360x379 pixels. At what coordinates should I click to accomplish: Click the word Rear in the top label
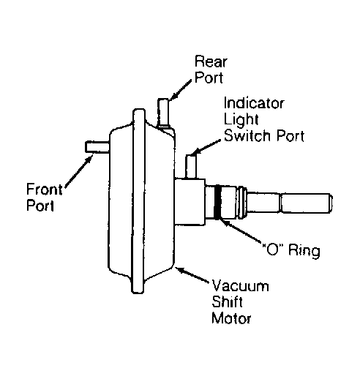pyautogui.click(x=211, y=61)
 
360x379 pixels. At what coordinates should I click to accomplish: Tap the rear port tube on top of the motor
pyautogui.click(x=163, y=113)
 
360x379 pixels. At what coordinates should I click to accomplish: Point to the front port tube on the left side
pyautogui.click(x=97, y=147)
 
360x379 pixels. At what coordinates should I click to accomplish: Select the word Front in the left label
pyautogui.click(x=44, y=189)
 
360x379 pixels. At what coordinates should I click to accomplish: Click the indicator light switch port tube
pyautogui.click(x=191, y=167)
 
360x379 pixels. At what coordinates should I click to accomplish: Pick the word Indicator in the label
pyautogui.click(x=254, y=103)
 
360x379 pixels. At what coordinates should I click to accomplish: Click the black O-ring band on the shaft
pyautogui.click(x=217, y=202)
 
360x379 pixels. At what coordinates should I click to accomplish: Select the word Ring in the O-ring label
pyautogui.click(x=304, y=250)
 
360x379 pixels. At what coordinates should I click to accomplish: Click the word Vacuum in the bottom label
pyautogui.click(x=240, y=286)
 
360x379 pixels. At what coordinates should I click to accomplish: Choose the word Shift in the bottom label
pyautogui.click(x=227, y=302)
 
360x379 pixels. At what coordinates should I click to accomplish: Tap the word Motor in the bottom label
pyautogui.click(x=231, y=318)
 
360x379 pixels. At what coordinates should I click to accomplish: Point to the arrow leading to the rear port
pyautogui.click(x=181, y=90)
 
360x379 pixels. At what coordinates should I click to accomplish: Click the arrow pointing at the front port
pyautogui.click(x=78, y=171)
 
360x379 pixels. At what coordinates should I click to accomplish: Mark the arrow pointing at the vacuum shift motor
pyautogui.click(x=192, y=275)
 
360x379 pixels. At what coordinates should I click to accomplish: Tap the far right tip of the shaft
pyautogui.click(x=331, y=203)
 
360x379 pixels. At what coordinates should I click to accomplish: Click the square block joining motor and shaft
pyautogui.click(x=190, y=202)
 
